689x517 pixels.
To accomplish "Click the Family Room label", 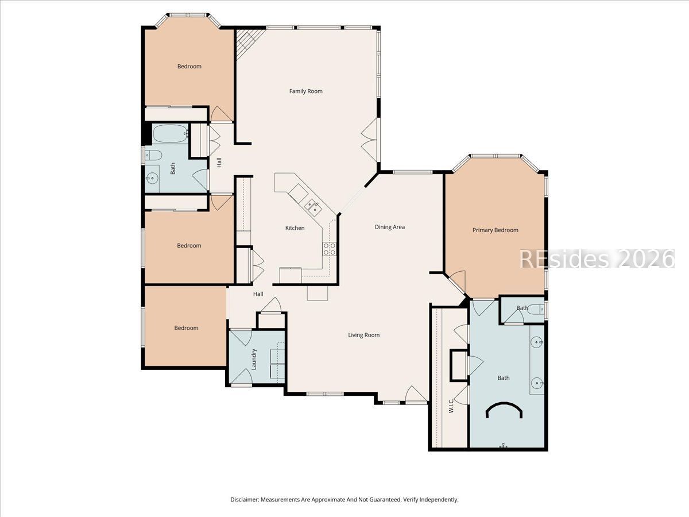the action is coord(305,91).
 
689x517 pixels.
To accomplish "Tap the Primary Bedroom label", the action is coord(496,230).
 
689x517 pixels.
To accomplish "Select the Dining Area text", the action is coord(389,227).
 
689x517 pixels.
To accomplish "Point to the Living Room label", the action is coord(364,335).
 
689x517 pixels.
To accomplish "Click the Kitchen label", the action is coord(295,228).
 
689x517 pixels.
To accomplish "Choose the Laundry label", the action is coord(254,359).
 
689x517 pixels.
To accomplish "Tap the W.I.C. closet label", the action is coord(451,406).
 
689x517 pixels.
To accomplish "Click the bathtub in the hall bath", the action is coord(170,134).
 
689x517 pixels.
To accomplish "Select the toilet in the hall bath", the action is coord(153,155).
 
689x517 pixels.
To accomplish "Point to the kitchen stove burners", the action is coord(329,249).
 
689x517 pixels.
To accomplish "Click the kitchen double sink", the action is coord(313,207).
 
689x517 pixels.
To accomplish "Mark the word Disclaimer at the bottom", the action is coord(244,499).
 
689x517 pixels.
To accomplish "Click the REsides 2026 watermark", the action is coord(597,259).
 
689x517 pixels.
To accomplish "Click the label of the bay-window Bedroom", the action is coord(189,67).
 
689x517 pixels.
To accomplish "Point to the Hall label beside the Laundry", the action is coord(258,294).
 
